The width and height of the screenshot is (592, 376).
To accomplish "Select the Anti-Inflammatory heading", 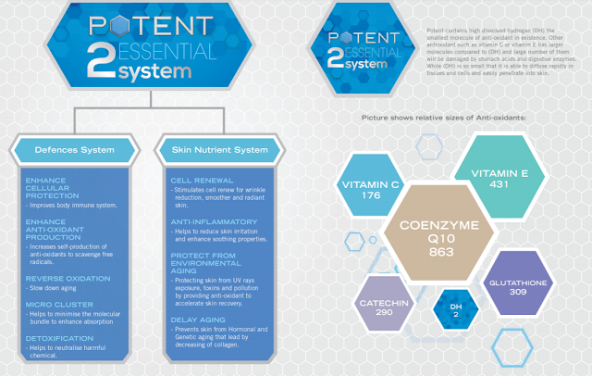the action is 208,222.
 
